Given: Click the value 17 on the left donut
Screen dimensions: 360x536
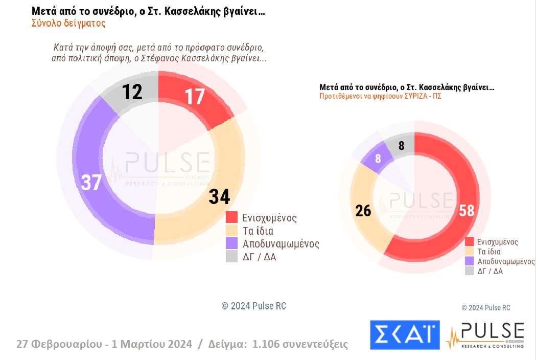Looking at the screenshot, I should tap(195, 97).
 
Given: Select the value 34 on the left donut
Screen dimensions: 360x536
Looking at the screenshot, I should tap(219, 196).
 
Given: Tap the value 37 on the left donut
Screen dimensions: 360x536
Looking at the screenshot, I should tap(91, 183).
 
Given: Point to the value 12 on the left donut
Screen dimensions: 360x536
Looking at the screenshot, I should tap(132, 92).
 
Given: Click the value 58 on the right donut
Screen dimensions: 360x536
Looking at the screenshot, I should tap(467, 210).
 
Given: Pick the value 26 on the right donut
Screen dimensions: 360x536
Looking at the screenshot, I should tap(363, 210).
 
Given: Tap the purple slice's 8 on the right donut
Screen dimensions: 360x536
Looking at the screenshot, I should tap(378, 159).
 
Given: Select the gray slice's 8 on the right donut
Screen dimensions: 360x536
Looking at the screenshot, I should tap(402, 146).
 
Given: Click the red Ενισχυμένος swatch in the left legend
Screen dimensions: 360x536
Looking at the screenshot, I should tap(232, 217).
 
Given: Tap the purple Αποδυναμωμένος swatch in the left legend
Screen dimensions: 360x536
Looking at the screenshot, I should tap(232, 243).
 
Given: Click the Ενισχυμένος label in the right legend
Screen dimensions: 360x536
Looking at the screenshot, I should tap(497, 242).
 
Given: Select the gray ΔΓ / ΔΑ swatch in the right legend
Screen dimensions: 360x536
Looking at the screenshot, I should tap(469, 271).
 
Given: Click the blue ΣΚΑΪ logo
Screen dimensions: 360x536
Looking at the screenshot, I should tap(405, 334).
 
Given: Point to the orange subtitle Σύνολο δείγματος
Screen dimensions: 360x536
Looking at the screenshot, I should tap(68, 23).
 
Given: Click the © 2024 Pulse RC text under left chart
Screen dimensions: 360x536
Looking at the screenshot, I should tap(254, 306).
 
